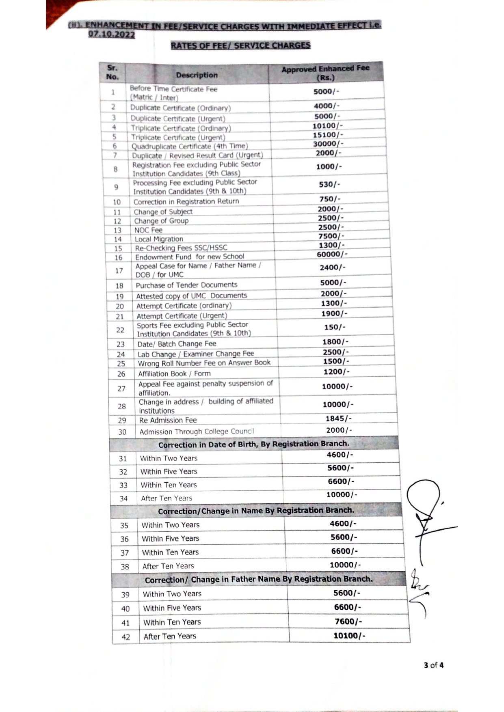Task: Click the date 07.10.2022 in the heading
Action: point(111,34)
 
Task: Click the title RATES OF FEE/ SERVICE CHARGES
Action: point(240,45)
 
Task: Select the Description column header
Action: point(197,75)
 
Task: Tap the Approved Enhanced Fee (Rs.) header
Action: point(325,73)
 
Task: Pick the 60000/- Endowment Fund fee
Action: point(332,254)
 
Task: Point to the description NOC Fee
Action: point(148,230)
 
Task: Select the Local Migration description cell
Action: point(159,239)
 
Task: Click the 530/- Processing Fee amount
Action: point(329,184)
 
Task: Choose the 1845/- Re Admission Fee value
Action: point(338,418)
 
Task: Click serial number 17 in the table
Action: point(119,270)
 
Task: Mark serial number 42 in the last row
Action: point(126,637)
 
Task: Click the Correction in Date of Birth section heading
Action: point(253,444)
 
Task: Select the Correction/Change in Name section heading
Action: point(256,511)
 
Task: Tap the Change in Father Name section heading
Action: point(258,579)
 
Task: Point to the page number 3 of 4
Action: point(433,665)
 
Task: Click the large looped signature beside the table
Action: point(425,507)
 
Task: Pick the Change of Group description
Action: point(161,221)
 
